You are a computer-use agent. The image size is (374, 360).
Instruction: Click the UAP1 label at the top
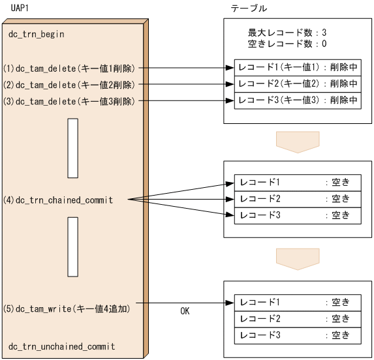pyautogui.click(x=22, y=7)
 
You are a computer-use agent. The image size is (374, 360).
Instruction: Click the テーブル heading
pyautogui.click(x=249, y=7)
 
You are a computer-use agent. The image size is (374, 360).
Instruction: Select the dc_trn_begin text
pyautogui.click(x=36, y=34)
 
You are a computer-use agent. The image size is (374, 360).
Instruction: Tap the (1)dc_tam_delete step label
pyautogui.click(x=69, y=68)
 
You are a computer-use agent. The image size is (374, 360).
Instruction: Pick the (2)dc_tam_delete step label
pyautogui.click(x=69, y=85)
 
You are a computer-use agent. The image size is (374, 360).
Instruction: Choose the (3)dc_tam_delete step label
pyautogui.click(x=69, y=102)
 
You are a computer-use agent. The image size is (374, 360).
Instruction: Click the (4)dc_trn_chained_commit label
pyautogui.click(x=58, y=200)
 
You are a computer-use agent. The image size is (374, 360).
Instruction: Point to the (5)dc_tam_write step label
pyautogui.click(x=67, y=308)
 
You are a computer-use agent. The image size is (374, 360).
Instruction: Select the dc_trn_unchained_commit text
pyautogui.click(x=61, y=346)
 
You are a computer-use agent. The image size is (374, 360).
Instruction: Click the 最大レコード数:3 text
pyautogui.click(x=287, y=33)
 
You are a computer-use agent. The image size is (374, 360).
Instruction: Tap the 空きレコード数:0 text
pyautogui.click(x=287, y=44)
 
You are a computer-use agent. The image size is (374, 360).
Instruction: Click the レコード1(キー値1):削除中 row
pyautogui.click(x=298, y=68)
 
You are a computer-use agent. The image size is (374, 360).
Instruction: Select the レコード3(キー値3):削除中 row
pyautogui.click(x=298, y=101)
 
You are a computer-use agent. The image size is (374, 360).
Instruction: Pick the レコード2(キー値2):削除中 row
pyautogui.click(x=298, y=84)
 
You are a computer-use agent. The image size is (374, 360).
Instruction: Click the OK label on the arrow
pyautogui.click(x=185, y=312)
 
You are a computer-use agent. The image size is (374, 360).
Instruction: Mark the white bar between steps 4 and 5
pyautogui.click(x=72, y=247)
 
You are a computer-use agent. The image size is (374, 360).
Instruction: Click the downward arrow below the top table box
pyautogui.click(x=297, y=142)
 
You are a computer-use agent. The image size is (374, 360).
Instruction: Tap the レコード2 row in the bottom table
pyautogui.click(x=298, y=318)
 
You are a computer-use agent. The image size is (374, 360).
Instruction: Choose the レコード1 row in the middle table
pyautogui.click(x=298, y=182)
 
